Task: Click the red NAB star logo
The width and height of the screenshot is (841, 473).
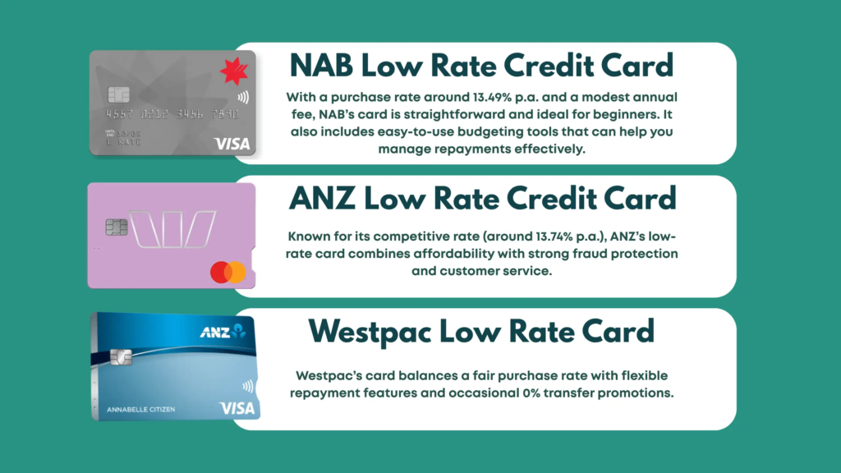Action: pyautogui.click(x=233, y=71)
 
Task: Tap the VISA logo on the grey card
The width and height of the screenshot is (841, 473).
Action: pyautogui.click(x=232, y=144)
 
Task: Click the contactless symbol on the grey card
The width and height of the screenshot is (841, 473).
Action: pyautogui.click(x=242, y=97)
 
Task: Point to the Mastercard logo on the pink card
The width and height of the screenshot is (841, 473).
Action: pyautogui.click(x=227, y=272)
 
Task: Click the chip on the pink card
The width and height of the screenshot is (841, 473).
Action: pyautogui.click(x=116, y=227)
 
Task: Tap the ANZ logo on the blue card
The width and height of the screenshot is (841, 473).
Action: pyautogui.click(x=223, y=332)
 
